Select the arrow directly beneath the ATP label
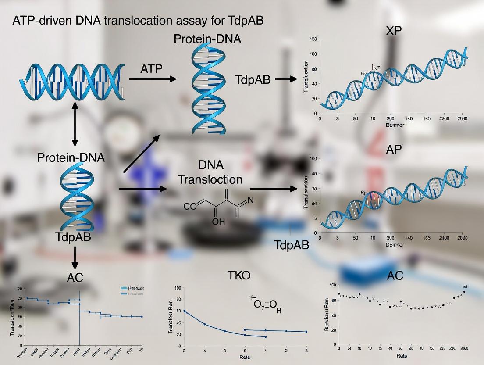pyautogui.click(x=153, y=79)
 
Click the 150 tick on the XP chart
pyautogui.click(x=313, y=39)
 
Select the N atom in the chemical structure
pyautogui.click(x=250, y=200)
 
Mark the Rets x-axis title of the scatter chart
pyautogui.click(x=401, y=356)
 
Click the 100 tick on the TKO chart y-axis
pyautogui.click(x=178, y=288)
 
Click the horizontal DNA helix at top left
pyautogui.click(x=72, y=80)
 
